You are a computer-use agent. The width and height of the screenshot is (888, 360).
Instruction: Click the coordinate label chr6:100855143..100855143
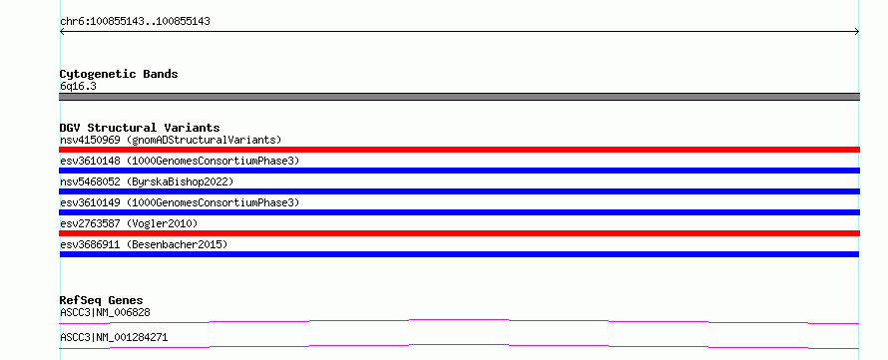[x=135, y=22]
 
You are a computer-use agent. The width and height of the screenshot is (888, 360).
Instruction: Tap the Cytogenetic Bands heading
[x=119, y=74]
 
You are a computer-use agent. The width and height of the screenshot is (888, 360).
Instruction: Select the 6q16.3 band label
[x=78, y=87]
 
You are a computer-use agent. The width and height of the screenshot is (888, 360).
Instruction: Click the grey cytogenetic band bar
[x=459, y=97]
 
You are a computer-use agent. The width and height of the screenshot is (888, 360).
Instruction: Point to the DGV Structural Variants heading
[x=140, y=128]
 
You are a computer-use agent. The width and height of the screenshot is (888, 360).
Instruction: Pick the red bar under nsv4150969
[x=459, y=150]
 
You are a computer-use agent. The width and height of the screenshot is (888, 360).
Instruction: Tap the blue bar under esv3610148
[x=459, y=171]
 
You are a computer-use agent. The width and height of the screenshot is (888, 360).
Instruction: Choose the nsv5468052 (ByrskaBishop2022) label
[x=147, y=181]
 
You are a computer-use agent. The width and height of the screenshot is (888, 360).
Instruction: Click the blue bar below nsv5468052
[x=459, y=191]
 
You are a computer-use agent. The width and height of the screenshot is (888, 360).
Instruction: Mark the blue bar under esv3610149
[x=459, y=212]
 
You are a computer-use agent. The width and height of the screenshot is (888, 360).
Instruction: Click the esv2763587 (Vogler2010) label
[x=129, y=223]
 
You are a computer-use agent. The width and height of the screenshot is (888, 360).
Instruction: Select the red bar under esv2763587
[x=459, y=233]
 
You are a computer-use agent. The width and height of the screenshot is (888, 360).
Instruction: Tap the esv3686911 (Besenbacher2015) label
[x=144, y=244]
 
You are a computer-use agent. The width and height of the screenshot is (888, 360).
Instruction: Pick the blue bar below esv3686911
[x=459, y=254]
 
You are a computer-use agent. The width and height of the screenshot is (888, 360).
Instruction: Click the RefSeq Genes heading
[x=102, y=300]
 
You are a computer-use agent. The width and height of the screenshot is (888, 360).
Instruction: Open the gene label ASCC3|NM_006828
[x=105, y=312]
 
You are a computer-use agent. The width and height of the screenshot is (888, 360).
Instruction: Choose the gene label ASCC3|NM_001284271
[x=114, y=338]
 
